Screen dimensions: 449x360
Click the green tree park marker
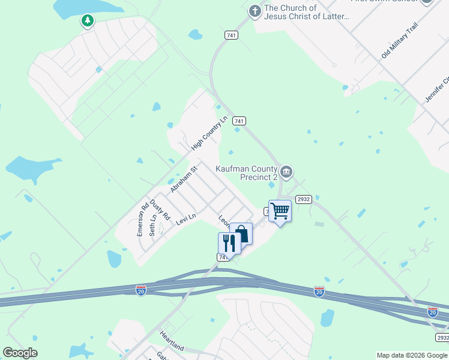(x=88, y=22)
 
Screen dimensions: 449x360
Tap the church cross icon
(x=255, y=11)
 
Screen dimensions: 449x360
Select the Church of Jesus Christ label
(x=307, y=12)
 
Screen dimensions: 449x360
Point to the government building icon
(x=287, y=173)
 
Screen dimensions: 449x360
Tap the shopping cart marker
(x=280, y=211)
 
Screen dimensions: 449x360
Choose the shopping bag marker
(x=241, y=233)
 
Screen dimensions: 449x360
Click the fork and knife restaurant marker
(x=229, y=243)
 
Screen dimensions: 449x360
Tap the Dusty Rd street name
(x=161, y=209)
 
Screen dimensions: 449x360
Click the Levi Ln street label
(x=186, y=220)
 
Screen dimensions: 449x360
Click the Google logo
(x=20, y=353)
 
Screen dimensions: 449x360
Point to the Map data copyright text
(x=412, y=355)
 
